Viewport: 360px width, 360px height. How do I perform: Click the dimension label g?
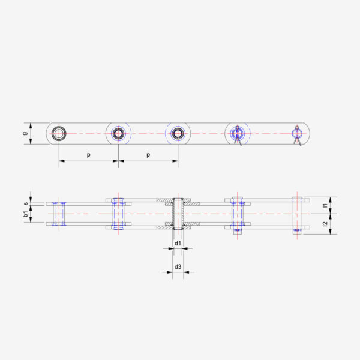click(x=25, y=133)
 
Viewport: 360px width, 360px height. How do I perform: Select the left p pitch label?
click(x=88, y=155)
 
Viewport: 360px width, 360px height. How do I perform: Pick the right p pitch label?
click(x=148, y=155)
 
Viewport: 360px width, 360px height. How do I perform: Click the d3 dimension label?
click(x=178, y=266)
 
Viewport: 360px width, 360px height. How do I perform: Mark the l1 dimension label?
click(x=325, y=205)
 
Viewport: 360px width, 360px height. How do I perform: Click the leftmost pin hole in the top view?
click(x=59, y=133)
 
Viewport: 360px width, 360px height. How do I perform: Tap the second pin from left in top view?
click(x=118, y=133)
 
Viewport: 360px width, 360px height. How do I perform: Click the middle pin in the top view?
click(x=178, y=133)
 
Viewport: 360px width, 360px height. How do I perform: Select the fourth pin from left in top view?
click(x=238, y=133)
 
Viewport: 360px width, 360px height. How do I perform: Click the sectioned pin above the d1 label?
click(x=178, y=214)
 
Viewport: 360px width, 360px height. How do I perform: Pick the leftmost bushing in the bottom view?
click(x=59, y=214)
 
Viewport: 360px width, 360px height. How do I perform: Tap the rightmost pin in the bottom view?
click(x=297, y=214)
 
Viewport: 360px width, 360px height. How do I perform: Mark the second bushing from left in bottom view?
click(x=118, y=214)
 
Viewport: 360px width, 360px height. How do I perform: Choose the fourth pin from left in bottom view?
click(x=238, y=214)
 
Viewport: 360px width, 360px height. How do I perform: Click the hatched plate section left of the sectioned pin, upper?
click(x=164, y=199)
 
